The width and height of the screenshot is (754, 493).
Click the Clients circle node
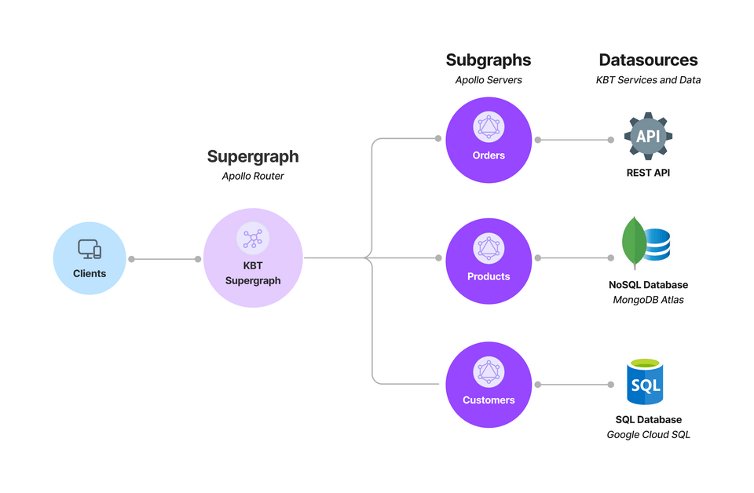90,258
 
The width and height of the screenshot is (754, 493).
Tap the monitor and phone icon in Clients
90,250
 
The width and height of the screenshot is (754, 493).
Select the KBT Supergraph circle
253,257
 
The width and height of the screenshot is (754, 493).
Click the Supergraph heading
253,157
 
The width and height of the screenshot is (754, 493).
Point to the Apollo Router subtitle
253,176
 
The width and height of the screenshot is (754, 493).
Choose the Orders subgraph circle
489,140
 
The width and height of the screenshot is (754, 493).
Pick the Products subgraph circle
489,261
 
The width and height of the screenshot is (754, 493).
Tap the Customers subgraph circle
489,385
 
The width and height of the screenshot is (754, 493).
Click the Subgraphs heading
489,60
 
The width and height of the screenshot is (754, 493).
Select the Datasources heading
648,60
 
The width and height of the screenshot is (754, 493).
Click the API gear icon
648,136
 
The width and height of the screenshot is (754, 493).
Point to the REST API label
648,173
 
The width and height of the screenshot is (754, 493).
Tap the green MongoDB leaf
634,243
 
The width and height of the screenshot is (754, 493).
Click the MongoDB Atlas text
648,300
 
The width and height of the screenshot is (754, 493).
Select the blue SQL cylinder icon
645,382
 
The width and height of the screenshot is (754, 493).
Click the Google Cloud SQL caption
648,435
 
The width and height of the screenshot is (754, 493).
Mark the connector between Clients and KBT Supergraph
164,259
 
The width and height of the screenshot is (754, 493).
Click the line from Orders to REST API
574,140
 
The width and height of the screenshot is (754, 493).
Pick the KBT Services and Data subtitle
648,80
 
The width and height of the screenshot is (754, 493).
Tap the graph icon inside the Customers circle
489,372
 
